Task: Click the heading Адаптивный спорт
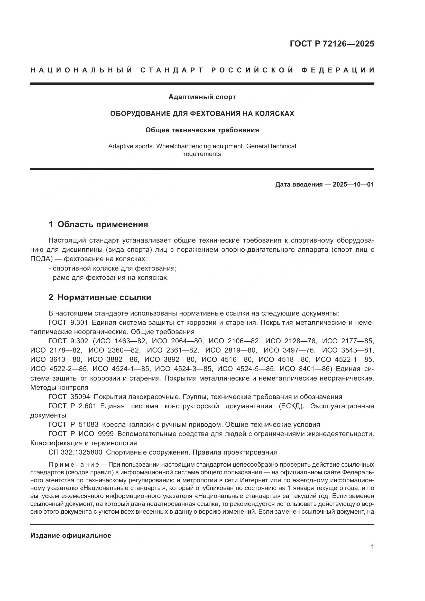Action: [202, 97]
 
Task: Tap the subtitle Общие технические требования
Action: [202, 130]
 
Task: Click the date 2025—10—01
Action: [353, 184]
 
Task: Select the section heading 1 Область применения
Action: [98, 224]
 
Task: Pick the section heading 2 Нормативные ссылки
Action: [100, 297]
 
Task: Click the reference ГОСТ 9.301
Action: [68, 322]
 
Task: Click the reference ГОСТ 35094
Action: [69, 396]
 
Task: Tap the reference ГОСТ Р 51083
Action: [73, 424]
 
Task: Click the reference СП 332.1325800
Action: [75, 452]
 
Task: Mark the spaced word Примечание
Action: [74, 465]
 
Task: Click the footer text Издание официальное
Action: [71, 535]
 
